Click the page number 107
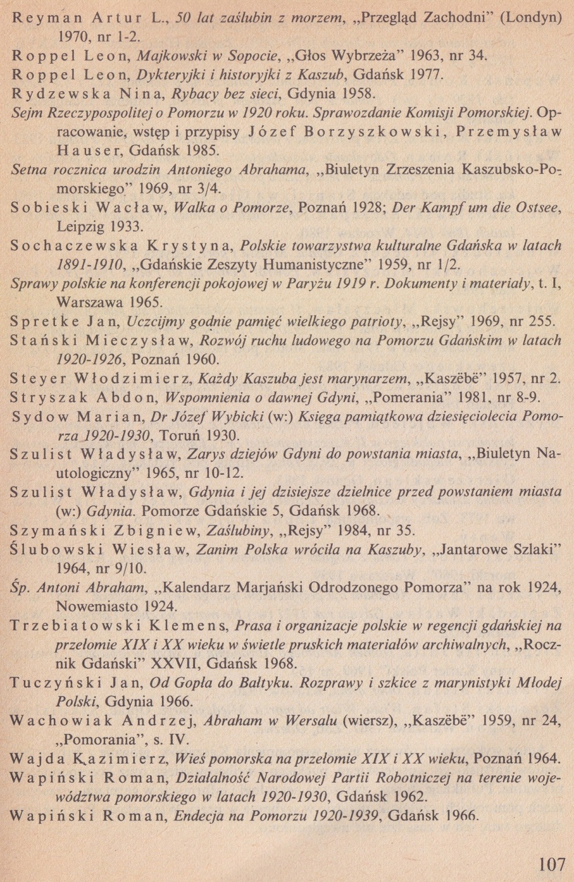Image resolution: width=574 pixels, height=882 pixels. click(x=552, y=864)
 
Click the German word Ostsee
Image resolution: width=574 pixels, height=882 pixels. click(x=538, y=208)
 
